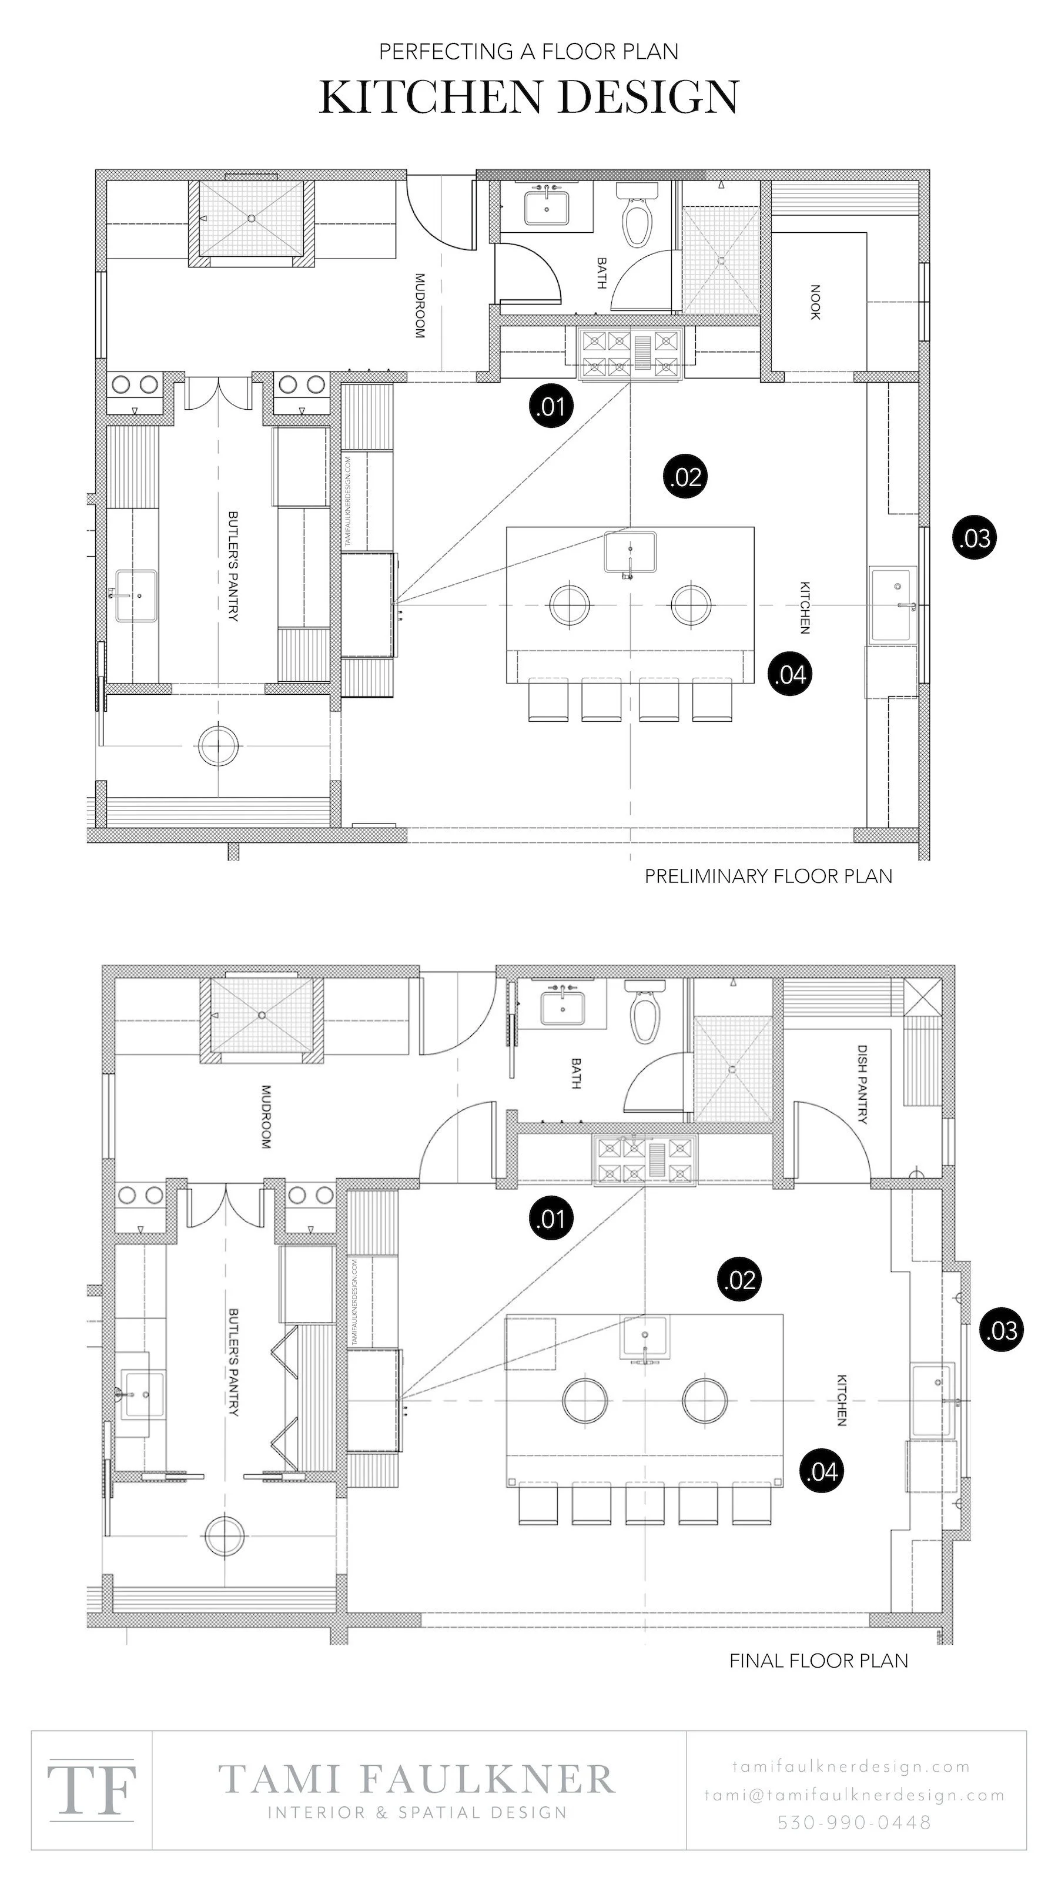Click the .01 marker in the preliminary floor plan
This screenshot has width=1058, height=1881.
[x=551, y=406]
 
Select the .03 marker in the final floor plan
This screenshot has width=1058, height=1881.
[x=1001, y=1330]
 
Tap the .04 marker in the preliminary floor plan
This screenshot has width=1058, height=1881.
[x=790, y=674]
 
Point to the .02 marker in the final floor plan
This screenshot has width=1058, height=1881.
[x=739, y=1280]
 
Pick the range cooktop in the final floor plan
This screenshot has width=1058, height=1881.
[x=645, y=1160]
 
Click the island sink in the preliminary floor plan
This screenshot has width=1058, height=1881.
[x=630, y=552]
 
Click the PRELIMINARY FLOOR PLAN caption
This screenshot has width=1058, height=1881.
[x=768, y=876]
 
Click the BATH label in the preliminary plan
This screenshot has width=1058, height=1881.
[x=601, y=272]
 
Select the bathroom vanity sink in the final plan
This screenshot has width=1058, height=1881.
[x=563, y=1008]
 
